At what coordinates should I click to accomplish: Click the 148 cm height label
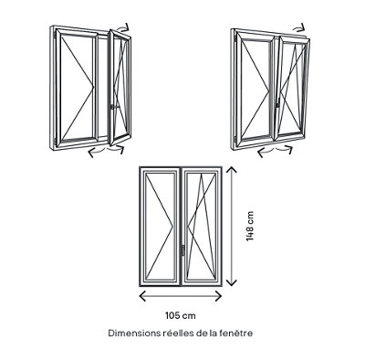tap(250, 227)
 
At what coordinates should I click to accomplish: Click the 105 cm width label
tap(181, 315)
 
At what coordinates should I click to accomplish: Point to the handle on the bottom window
tap(182, 250)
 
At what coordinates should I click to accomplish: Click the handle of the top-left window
tap(112, 107)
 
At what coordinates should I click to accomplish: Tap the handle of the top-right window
tap(277, 105)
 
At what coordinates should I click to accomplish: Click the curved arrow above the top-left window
tap(124, 27)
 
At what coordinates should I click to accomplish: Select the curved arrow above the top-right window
tap(298, 27)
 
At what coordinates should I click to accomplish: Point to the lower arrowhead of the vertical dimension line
tap(232, 282)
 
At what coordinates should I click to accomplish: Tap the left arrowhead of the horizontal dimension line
tap(142, 296)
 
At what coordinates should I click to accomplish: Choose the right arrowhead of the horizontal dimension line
tap(219, 296)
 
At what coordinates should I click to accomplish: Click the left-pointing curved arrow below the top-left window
tap(97, 151)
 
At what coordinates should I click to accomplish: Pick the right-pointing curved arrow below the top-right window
tap(284, 149)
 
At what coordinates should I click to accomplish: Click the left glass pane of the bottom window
tap(160, 227)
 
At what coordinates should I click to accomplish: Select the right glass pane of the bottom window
tap(201, 227)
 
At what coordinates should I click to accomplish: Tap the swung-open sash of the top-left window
tap(120, 88)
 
